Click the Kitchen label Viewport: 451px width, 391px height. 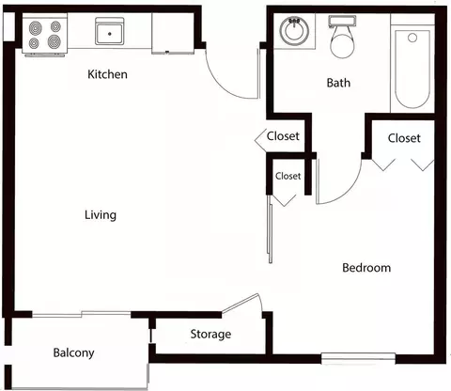pos(107,74)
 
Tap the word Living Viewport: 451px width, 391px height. pos(101,215)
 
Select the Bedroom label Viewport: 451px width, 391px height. pos(366,268)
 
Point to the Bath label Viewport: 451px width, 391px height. pos(338,83)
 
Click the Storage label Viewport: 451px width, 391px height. pos(210,335)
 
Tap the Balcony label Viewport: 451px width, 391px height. pos(73,353)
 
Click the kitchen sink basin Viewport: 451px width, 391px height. pos(110,31)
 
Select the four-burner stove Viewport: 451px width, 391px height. pos(45,35)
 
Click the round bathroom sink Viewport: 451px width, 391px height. pos(294,31)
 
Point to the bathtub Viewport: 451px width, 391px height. pos(412,69)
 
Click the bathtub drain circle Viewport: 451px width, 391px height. pos(412,38)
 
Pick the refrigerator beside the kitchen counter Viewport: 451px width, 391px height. pos(173,33)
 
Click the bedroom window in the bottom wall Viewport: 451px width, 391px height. pos(358,358)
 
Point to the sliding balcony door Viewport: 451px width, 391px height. pos(82,314)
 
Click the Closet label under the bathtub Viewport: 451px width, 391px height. pos(404,138)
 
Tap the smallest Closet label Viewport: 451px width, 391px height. pos(288,176)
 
